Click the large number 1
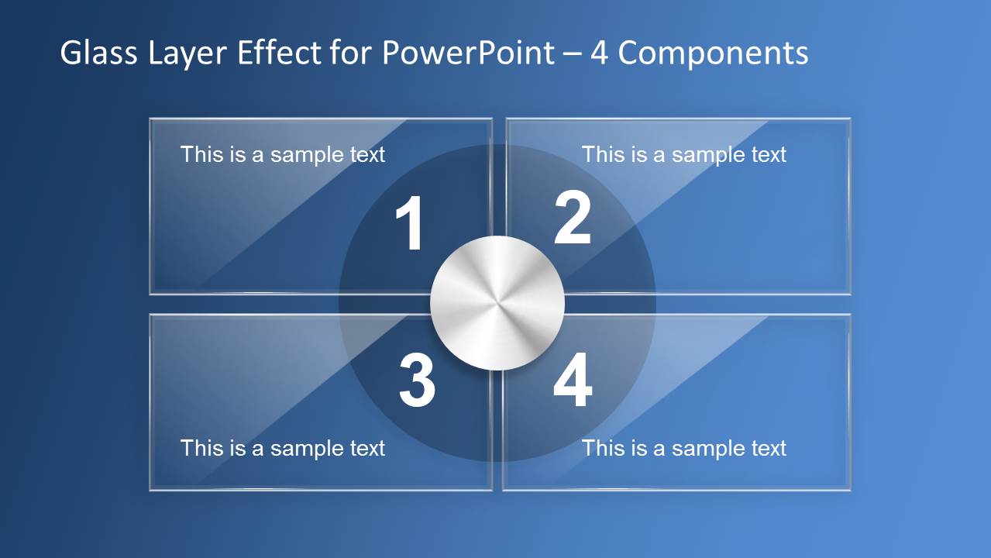pyautogui.click(x=410, y=225)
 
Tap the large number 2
pyautogui.click(x=573, y=219)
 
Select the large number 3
pyautogui.click(x=417, y=381)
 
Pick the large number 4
pyautogui.click(x=573, y=382)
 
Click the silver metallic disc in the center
pyautogui.click(x=497, y=302)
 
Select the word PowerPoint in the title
pyautogui.click(x=468, y=53)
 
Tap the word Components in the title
pyautogui.click(x=713, y=53)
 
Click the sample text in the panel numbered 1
pyautogui.click(x=283, y=154)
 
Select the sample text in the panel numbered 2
pyautogui.click(x=684, y=154)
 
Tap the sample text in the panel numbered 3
pyautogui.click(x=283, y=448)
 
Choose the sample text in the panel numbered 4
pyautogui.click(x=684, y=448)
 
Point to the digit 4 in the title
pyautogui.click(x=599, y=53)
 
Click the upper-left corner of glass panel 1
pyautogui.click(x=150, y=119)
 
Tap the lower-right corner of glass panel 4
pyautogui.click(x=850, y=489)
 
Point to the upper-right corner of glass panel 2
pyautogui.click(x=850, y=119)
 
